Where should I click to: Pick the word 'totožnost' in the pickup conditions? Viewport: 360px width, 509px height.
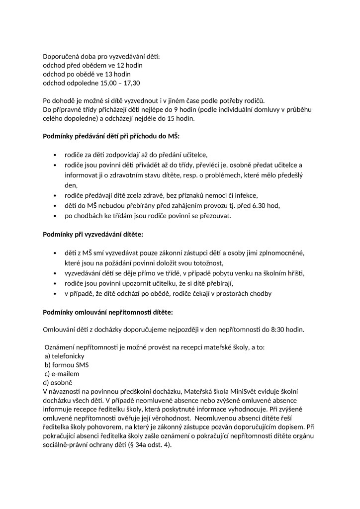pyautogui.click(x=207, y=263)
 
